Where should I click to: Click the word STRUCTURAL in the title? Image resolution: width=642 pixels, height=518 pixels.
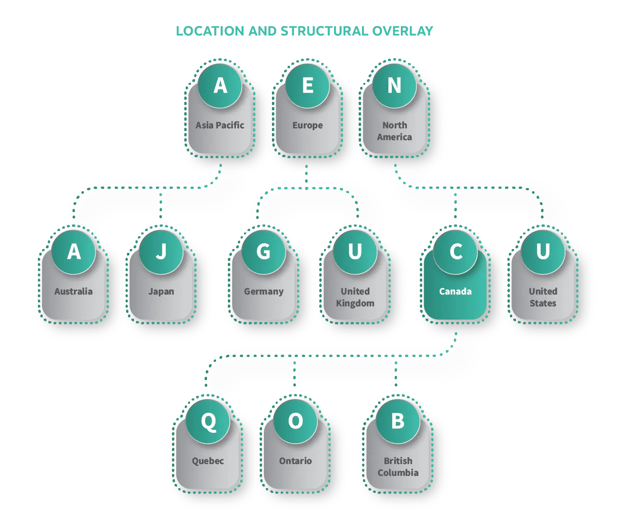pyautogui.click(x=324, y=31)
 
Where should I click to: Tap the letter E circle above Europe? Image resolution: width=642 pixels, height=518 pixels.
pyautogui.click(x=307, y=86)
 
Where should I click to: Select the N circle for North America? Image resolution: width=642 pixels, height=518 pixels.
pyautogui.click(x=394, y=86)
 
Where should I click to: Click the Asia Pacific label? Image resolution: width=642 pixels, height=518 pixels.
pyautogui.click(x=220, y=125)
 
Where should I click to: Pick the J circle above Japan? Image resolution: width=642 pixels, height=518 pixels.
pyautogui.click(x=161, y=251)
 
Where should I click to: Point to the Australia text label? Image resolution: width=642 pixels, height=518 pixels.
pyautogui.click(x=73, y=292)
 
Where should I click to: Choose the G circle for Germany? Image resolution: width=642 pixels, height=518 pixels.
pyautogui.click(x=263, y=251)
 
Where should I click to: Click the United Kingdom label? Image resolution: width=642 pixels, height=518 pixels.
pyautogui.click(x=355, y=297)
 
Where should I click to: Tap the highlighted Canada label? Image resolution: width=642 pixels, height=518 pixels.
pyautogui.click(x=455, y=292)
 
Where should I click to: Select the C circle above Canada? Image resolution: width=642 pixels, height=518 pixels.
pyautogui.click(x=455, y=251)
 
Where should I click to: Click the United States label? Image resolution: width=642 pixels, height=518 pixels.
pyautogui.click(x=543, y=297)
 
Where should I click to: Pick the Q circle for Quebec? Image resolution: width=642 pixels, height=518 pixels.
pyautogui.click(x=208, y=421)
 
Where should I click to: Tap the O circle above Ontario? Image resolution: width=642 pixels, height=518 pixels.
pyautogui.click(x=295, y=421)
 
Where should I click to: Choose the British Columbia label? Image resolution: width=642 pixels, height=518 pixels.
pyautogui.click(x=398, y=467)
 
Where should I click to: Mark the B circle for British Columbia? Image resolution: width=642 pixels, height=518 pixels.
pyautogui.click(x=398, y=421)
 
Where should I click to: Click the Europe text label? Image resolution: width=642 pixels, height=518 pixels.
pyautogui.click(x=307, y=125)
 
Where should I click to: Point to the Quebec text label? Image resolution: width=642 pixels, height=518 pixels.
pyautogui.click(x=208, y=461)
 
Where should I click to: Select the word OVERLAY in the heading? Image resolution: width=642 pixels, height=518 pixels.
pyautogui.click(x=403, y=31)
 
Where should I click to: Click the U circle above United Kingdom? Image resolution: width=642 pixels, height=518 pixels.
pyautogui.click(x=355, y=251)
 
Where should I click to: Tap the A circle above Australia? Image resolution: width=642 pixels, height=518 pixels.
pyautogui.click(x=73, y=251)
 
